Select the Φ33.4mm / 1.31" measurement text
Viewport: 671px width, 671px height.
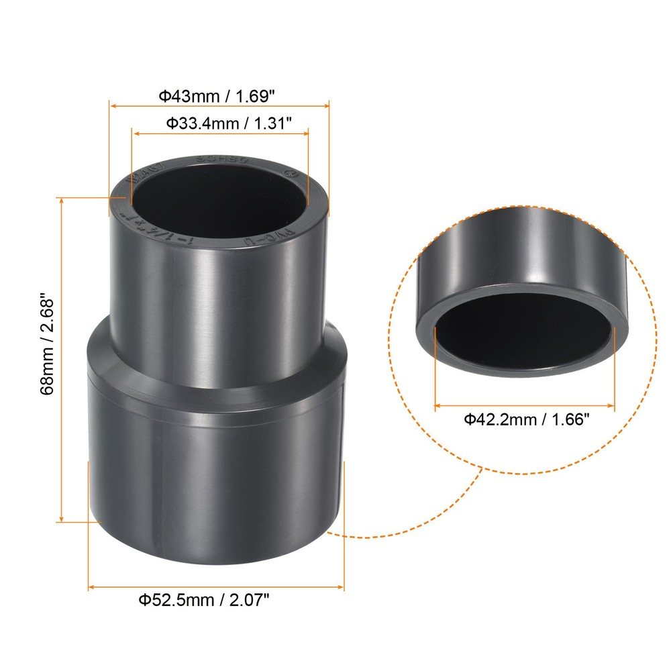[220, 123]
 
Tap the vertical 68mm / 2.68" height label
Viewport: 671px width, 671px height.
[48, 353]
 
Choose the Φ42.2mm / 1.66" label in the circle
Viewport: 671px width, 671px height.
[526, 420]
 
